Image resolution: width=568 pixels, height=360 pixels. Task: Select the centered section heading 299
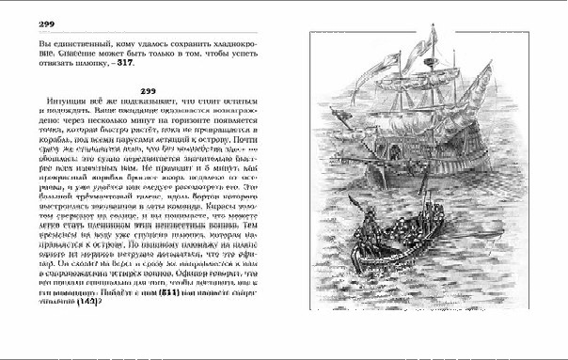pos(146,90)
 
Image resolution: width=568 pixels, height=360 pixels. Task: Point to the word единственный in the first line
pos(83,45)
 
